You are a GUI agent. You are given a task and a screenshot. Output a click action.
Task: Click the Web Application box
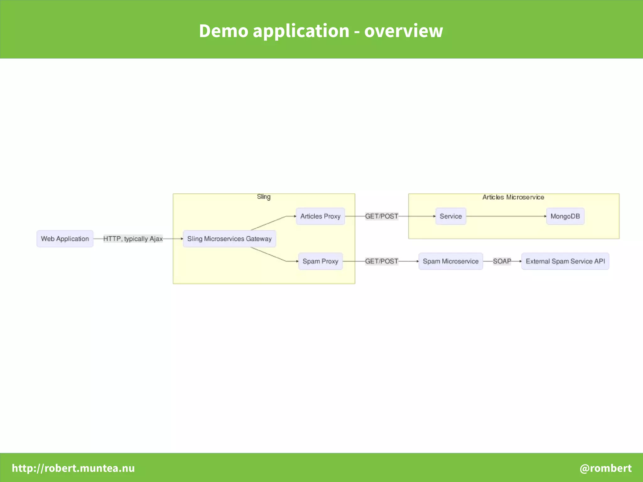[x=65, y=239]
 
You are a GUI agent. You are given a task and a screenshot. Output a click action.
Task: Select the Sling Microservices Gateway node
[x=229, y=239]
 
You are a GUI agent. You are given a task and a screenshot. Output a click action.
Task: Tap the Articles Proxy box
[x=320, y=216]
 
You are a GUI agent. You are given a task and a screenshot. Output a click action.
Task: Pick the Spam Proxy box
[x=320, y=261]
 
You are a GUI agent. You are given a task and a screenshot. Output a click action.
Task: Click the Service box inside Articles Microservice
[x=451, y=216]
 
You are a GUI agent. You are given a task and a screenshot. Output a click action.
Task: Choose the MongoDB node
[x=565, y=216]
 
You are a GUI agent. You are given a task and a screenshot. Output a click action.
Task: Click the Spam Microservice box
[x=451, y=261]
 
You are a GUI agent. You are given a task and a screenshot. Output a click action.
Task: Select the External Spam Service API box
[x=565, y=261]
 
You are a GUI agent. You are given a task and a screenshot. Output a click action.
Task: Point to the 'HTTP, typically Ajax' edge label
[x=133, y=239]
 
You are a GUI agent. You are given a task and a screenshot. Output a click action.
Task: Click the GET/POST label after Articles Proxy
[x=381, y=216]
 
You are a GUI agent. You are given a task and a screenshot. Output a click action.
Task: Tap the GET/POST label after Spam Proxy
[x=381, y=261]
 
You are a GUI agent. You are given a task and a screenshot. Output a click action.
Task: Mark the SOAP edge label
[x=502, y=261]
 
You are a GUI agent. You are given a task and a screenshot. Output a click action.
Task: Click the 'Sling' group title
[x=264, y=197]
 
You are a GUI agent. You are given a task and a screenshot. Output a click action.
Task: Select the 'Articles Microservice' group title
[x=513, y=197]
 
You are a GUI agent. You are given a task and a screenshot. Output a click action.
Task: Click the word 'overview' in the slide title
[x=403, y=31]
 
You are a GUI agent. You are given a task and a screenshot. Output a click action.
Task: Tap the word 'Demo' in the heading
[x=224, y=31]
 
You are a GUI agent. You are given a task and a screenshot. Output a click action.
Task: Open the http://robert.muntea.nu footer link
[x=73, y=468]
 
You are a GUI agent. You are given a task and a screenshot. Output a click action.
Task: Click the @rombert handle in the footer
[x=605, y=468]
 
